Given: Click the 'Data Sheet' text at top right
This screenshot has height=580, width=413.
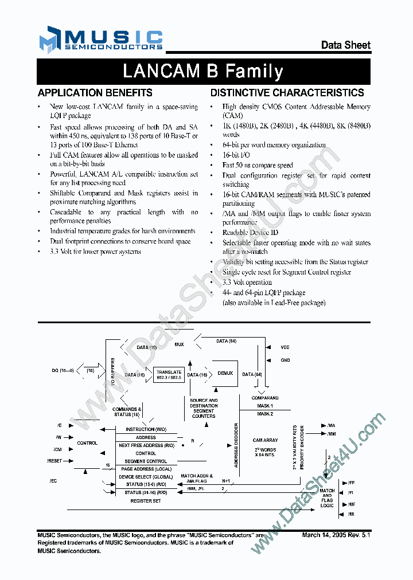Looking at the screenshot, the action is tap(345, 45).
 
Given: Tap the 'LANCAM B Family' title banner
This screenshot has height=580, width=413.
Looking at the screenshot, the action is tap(203, 72).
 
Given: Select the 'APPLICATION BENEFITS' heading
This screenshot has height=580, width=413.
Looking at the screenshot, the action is tap(95, 93).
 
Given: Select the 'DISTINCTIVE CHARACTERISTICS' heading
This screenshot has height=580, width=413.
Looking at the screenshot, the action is tap(287, 93).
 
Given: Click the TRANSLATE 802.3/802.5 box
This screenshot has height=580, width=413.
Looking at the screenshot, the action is tap(169, 375).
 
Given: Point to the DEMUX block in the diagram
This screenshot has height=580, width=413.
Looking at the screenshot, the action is tap(225, 373).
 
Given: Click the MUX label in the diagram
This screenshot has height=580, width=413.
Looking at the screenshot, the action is tap(180, 344).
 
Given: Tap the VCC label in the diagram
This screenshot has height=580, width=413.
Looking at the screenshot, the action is tap(285, 347).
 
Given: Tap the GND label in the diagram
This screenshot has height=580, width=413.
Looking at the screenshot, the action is tap(285, 361).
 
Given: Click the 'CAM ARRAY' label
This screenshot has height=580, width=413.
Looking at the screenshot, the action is tap(265, 440).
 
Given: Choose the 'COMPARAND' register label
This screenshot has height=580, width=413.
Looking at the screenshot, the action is tap(265, 398).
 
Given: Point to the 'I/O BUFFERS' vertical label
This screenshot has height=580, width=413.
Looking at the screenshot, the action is tap(112, 371).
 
